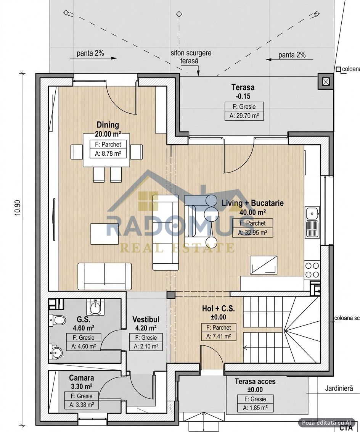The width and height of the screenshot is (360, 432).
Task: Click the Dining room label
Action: [x=108, y=125]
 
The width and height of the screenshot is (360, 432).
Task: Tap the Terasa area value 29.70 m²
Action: [x=244, y=116]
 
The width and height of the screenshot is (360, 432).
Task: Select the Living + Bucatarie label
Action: [x=252, y=203]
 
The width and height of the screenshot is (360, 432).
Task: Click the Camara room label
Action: [x=82, y=378]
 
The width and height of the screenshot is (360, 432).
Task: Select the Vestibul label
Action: [x=146, y=319]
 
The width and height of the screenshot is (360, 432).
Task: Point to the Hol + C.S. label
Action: [x=219, y=309]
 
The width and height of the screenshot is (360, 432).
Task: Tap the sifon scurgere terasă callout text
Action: [x=191, y=57]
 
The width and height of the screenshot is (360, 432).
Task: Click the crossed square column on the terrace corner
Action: [x=326, y=81]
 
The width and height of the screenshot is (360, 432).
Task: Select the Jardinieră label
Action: [x=339, y=388]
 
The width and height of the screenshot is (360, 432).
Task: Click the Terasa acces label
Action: [x=255, y=382]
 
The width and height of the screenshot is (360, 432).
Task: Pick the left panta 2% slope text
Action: [x=90, y=53]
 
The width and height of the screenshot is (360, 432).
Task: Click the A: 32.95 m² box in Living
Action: [x=252, y=233]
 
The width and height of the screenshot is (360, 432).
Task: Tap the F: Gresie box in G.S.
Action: [x=84, y=337]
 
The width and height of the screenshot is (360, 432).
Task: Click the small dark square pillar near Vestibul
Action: [x=170, y=295]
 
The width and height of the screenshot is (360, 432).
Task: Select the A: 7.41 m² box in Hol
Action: [x=219, y=336]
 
